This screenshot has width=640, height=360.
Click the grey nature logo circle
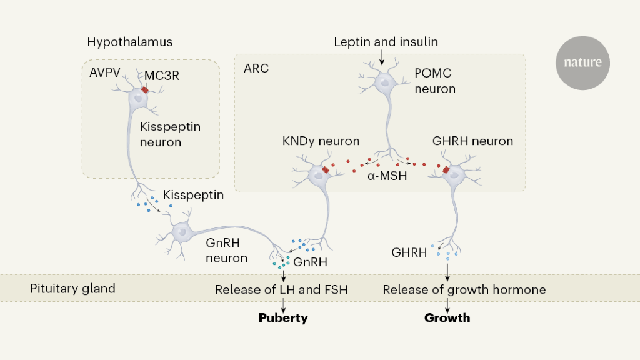click(x=582, y=62)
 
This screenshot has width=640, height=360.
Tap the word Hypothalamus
click(x=130, y=42)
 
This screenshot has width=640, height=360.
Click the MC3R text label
click(x=162, y=76)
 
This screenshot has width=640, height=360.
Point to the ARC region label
click(x=256, y=68)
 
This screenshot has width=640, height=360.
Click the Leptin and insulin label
click(x=386, y=42)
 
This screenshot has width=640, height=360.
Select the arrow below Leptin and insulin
click(x=382, y=57)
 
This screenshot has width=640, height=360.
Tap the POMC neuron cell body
click(x=384, y=81)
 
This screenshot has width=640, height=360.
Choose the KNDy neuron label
click(x=321, y=141)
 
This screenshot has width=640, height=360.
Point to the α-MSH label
click(x=387, y=176)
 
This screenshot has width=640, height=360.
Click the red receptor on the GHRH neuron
click(x=446, y=171)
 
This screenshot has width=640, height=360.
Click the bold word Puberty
click(x=284, y=318)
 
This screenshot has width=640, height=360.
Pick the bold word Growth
click(x=447, y=318)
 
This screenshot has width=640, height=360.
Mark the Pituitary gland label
click(x=73, y=289)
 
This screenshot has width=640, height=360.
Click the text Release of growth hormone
click(x=464, y=289)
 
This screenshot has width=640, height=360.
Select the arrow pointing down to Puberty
click(x=284, y=306)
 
